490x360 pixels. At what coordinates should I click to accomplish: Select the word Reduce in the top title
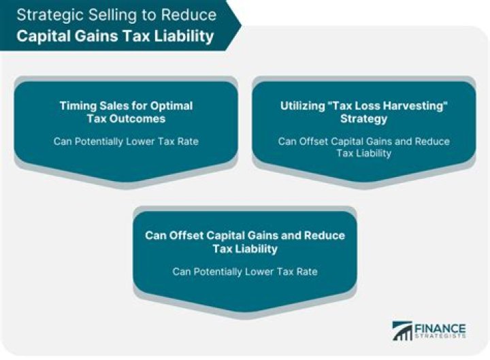191,14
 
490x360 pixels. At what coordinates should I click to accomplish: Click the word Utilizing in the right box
304,105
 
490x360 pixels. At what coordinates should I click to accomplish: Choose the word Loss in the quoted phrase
367,105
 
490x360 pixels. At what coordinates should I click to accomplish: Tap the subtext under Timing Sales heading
126,142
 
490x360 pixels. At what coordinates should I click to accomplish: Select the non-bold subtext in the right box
363,147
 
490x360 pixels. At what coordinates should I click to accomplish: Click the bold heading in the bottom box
245,242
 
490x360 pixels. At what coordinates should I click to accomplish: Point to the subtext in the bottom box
245,272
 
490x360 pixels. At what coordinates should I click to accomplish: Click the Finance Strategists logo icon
403,331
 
